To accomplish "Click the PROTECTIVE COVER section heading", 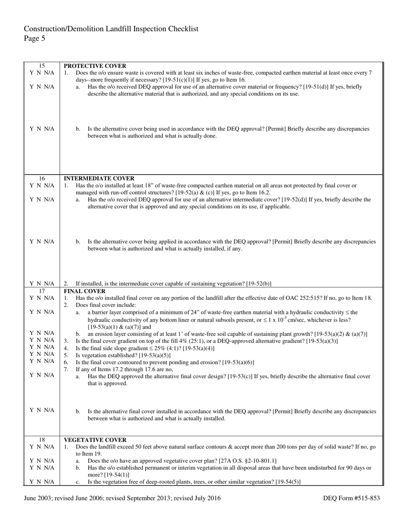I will pos(95,66).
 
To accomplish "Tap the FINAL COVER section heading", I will pos(85,291).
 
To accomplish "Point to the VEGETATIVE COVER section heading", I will pos(95,440).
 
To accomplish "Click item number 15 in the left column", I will pos(42,66).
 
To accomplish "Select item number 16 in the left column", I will pos(42,178).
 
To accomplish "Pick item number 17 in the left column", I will pos(42,291).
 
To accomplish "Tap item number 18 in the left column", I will pos(42,440).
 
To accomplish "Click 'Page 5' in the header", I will pos(34,38).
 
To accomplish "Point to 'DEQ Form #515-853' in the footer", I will pos(351,498).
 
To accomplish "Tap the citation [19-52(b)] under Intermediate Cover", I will pos(259,284).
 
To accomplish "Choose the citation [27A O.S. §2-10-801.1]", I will pos(248,461).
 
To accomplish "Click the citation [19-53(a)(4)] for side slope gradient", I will pos(198,348).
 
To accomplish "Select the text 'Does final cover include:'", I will pos(106,305).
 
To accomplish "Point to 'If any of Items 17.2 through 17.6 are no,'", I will pos(124,369).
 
